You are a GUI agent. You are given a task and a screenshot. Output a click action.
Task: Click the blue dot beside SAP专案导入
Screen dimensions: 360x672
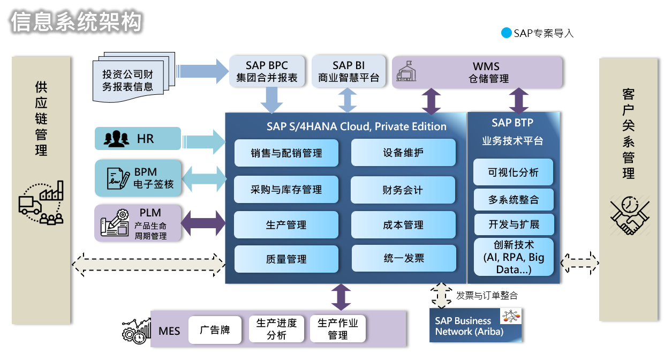click(x=506, y=33)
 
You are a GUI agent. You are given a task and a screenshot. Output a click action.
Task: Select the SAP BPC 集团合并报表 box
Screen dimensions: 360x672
click(x=267, y=71)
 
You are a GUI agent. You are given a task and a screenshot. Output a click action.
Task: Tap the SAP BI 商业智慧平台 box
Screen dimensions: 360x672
click(x=349, y=71)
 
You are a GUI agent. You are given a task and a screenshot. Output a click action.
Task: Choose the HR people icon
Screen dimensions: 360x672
click(x=116, y=139)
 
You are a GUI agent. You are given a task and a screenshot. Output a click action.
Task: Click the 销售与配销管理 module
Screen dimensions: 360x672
click(x=286, y=153)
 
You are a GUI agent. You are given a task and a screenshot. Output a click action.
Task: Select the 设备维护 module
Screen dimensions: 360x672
click(x=403, y=153)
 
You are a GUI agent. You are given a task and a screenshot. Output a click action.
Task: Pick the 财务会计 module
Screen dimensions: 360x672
click(x=403, y=190)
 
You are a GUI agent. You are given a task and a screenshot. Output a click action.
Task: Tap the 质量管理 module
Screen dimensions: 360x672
click(x=286, y=259)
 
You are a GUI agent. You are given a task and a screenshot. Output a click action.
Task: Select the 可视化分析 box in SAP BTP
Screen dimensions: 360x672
click(x=513, y=172)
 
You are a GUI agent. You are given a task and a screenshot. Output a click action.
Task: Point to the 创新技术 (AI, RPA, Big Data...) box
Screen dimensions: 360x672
click(x=513, y=257)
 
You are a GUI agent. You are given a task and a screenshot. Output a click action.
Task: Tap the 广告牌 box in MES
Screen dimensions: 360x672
click(x=215, y=329)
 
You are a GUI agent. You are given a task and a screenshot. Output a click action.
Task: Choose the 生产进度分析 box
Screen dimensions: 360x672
click(x=276, y=329)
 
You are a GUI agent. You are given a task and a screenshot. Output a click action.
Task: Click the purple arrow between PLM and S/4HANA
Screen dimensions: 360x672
click(x=203, y=222)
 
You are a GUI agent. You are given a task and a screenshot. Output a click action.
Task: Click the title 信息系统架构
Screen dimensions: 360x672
click(x=76, y=21)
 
